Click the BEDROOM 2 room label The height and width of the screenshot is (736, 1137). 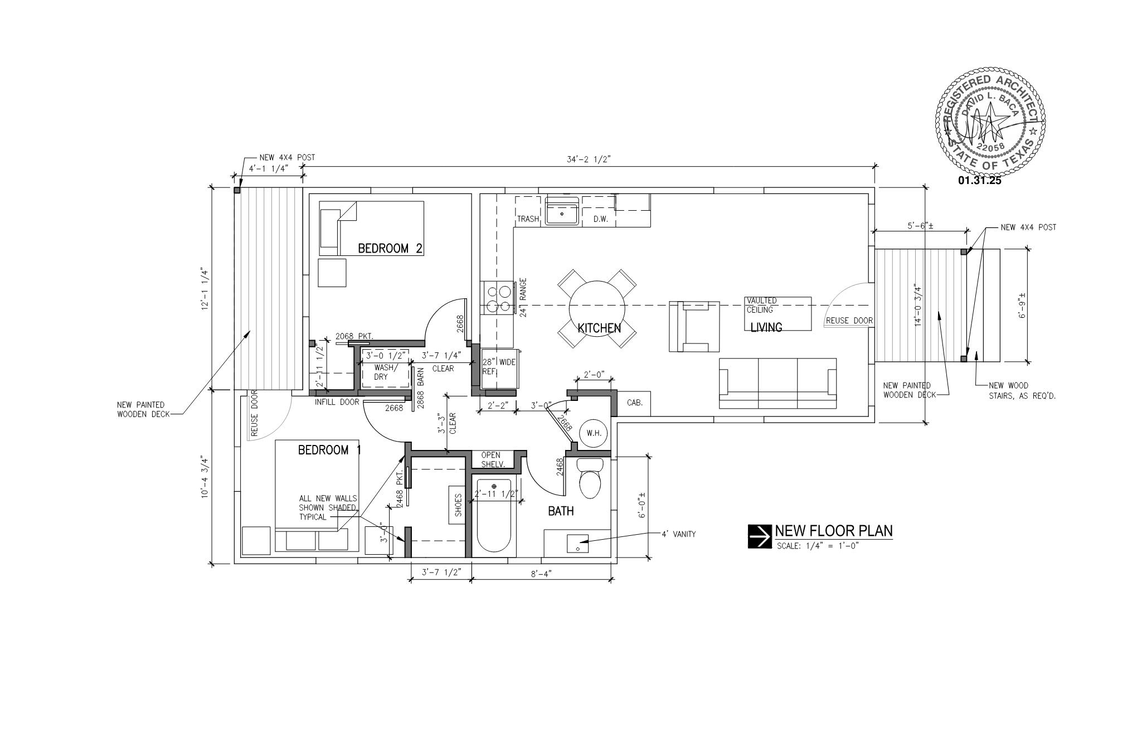[x=390, y=248]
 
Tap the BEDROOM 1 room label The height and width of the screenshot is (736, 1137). [x=329, y=450]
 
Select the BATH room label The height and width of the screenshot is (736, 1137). [x=561, y=511]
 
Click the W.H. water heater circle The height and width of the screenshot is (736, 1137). [x=594, y=433]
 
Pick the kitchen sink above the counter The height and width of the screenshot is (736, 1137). [x=562, y=210]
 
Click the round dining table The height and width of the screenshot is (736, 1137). [x=597, y=308]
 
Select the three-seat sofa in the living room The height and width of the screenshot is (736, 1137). [x=778, y=384]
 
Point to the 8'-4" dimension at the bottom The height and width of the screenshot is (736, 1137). [x=541, y=573]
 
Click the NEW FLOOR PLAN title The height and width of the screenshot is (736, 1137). [x=834, y=531]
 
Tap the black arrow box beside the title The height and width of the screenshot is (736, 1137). [x=759, y=536]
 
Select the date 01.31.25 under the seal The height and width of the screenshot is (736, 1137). [x=980, y=180]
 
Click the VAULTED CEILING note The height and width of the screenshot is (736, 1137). [x=761, y=305]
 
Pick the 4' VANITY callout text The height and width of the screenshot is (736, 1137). [x=679, y=534]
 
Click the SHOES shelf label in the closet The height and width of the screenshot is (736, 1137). [x=458, y=505]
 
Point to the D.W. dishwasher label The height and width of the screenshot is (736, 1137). [x=600, y=219]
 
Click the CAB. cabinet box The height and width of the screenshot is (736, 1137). [x=634, y=402]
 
